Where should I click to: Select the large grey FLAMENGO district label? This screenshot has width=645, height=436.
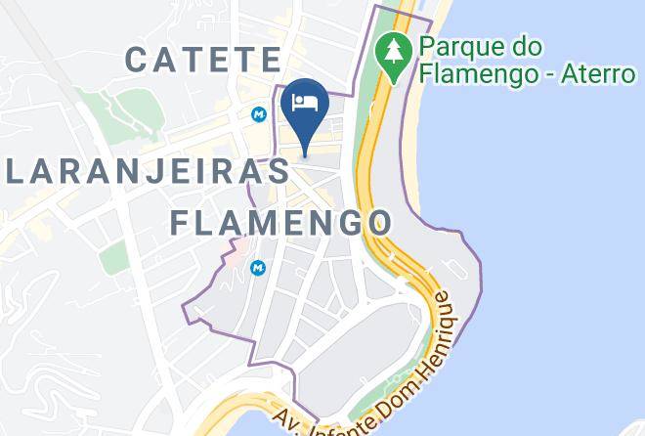tap(280, 221)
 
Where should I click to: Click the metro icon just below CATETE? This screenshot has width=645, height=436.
tap(259, 113)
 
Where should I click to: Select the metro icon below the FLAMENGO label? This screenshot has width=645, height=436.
tap(258, 266)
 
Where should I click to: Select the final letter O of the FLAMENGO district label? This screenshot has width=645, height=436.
tap(378, 221)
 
